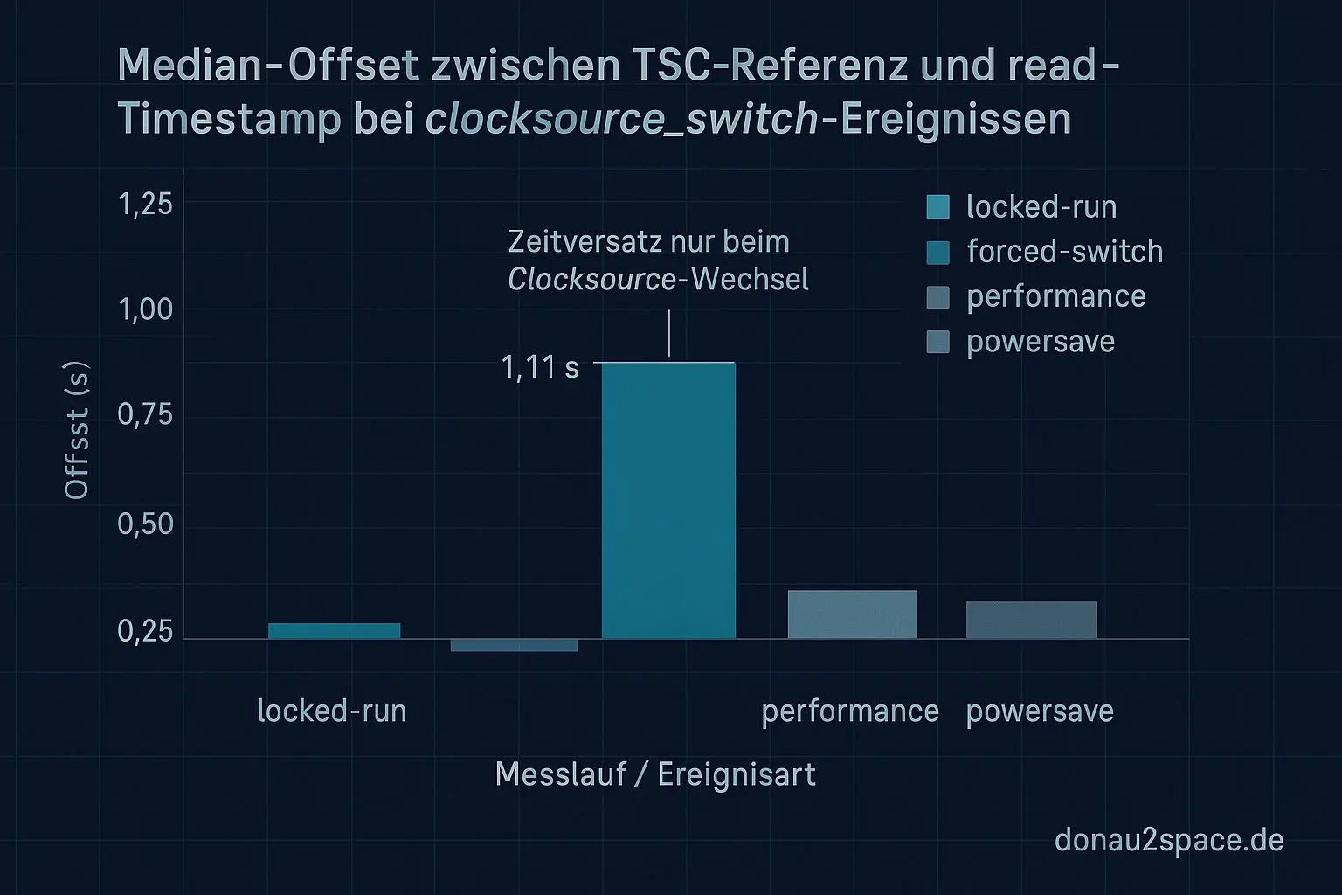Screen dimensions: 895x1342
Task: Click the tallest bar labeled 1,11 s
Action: coord(669,500)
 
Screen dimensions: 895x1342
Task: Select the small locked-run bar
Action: coord(334,630)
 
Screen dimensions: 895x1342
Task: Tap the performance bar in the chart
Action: coord(852,614)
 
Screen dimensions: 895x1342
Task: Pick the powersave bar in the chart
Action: coord(1031,620)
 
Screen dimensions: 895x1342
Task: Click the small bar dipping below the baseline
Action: coord(514,645)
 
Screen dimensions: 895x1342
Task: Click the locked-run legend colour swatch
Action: coord(937,207)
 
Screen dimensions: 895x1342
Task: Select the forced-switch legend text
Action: coord(1064,252)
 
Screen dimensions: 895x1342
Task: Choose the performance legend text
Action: coord(1055,296)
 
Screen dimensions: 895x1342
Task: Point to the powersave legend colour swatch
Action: coord(937,342)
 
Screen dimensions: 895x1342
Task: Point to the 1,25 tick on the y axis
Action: coord(145,204)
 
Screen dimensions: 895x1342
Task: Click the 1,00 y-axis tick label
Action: coord(145,309)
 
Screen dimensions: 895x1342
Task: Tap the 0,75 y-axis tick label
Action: coord(145,414)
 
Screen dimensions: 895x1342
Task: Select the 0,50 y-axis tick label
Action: coord(145,524)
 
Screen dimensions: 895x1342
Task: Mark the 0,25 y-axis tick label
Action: coord(145,631)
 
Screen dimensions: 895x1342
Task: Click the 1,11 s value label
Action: coord(540,367)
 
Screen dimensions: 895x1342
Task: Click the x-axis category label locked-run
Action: coord(332,711)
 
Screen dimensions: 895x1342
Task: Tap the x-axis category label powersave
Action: coord(1040,711)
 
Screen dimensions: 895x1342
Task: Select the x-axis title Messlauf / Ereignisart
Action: coord(655,774)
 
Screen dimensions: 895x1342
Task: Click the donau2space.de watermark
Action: coord(1169,840)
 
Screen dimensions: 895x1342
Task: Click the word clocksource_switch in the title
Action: coord(622,119)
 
